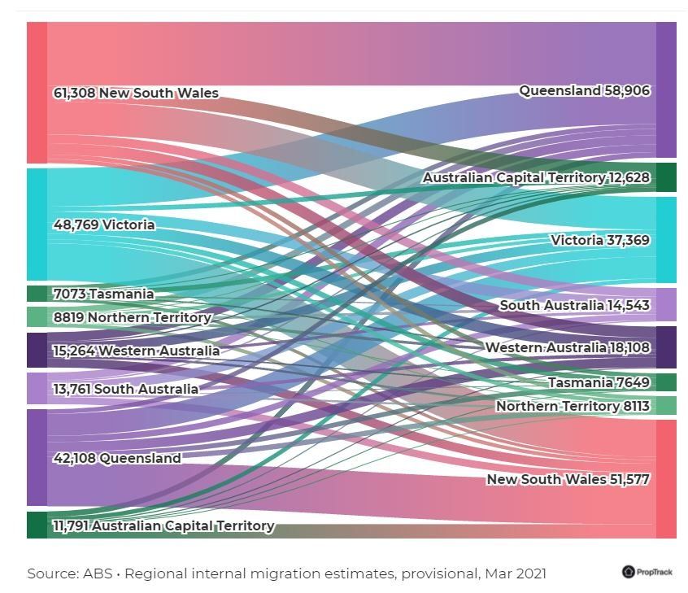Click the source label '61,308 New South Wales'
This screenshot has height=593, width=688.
pos(136,93)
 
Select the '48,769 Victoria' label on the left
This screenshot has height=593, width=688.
pos(104,225)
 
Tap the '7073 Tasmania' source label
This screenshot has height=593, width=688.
pos(103,294)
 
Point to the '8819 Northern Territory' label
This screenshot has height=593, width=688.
pos(132,317)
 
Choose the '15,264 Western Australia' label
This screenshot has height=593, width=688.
pos(136,351)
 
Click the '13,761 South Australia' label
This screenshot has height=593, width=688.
pos(125,389)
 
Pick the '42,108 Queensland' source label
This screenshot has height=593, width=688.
pos(117,458)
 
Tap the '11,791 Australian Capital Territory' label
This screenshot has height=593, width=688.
pos(163,525)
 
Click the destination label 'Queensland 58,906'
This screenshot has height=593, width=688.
pos(585,90)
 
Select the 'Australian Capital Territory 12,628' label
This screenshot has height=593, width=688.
pos(536,177)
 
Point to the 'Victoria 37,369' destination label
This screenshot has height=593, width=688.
pos(600,240)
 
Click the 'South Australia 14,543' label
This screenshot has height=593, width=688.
pos(575,305)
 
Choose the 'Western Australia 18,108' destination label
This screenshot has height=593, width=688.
pos(568,347)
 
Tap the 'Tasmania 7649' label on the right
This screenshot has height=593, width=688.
pos(599,382)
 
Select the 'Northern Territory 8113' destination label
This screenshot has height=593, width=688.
pos(573,406)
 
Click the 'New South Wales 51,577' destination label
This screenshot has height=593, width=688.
pos(568,479)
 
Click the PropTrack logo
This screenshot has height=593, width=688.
pos(647,572)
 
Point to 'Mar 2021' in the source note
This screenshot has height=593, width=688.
pos(515,573)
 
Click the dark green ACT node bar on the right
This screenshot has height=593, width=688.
pos(666,177)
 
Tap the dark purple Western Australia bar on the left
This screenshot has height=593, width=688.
pos(37,351)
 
